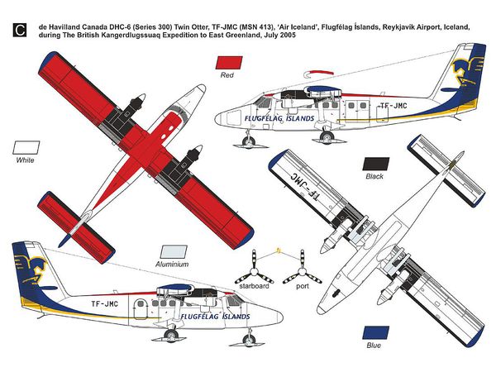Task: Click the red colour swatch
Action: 229,62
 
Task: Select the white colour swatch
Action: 26,147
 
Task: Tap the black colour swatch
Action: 376,164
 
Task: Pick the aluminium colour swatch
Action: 174,252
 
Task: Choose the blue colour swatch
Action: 376,333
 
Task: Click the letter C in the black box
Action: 20,30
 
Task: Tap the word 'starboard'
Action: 254,286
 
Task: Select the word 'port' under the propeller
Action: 303,287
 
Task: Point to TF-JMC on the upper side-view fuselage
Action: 393,106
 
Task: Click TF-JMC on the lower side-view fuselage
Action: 105,304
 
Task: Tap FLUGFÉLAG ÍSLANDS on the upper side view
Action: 279,118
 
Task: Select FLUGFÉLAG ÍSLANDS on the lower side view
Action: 215,316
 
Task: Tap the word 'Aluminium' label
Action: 172,265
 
